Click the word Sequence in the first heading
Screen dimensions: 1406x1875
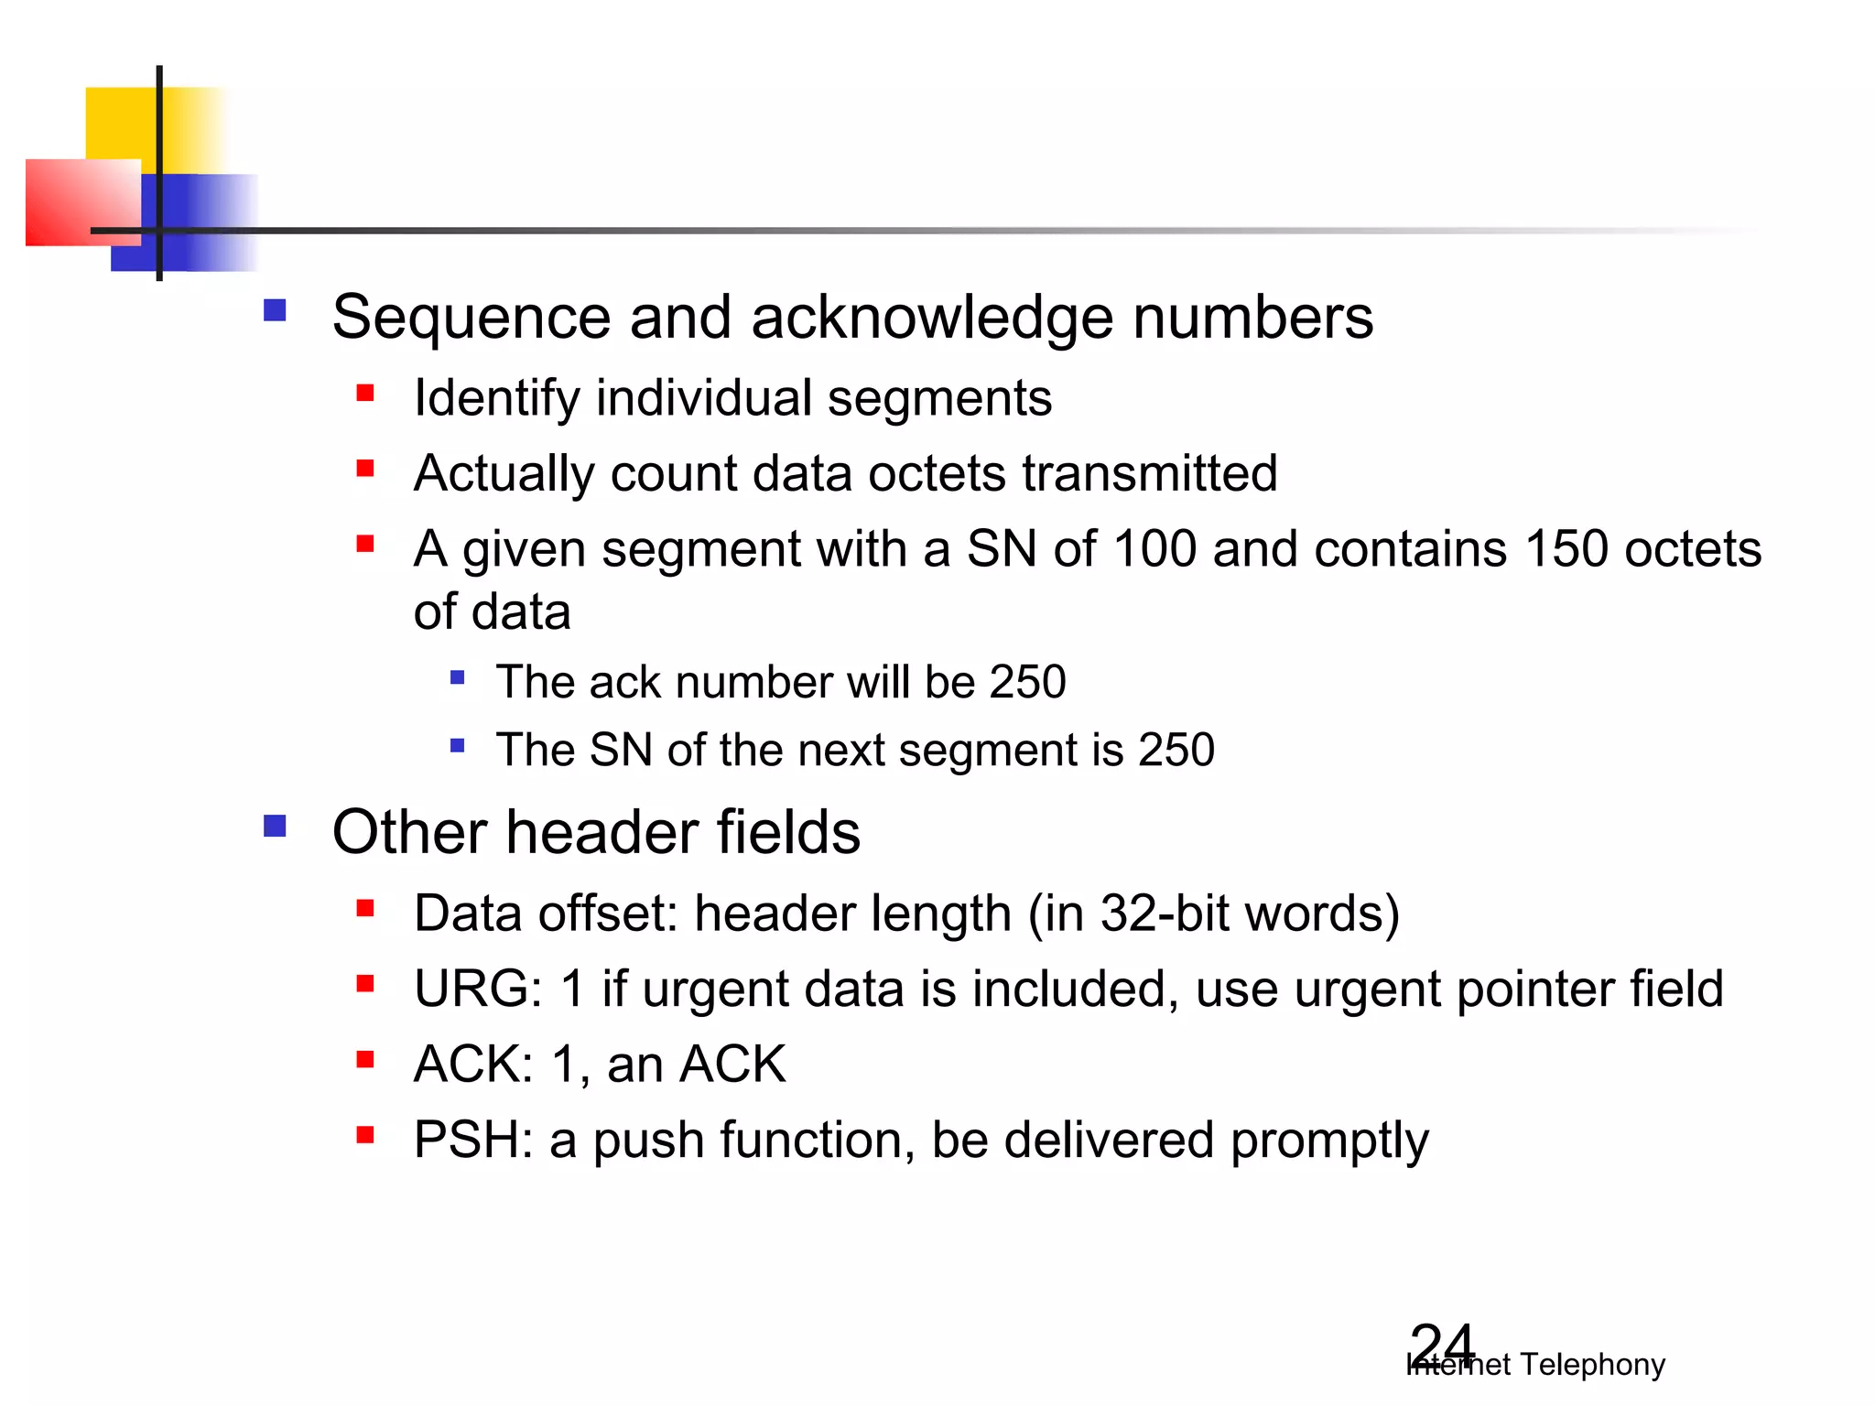click(x=471, y=319)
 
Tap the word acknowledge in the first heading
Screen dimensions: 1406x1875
click(x=932, y=319)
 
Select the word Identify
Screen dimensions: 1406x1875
click(x=497, y=399)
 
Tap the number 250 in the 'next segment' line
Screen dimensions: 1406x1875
click(x=1176, y=751)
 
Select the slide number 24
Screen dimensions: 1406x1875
click(x=1442, y=1345)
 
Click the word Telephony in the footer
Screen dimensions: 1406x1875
click(x=1592, y=1365)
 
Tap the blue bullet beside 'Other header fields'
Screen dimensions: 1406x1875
click(x=275, y=827)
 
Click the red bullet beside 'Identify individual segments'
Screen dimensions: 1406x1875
click(x=365, y=394)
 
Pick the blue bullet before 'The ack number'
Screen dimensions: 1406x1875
click(x=458, y=678)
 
